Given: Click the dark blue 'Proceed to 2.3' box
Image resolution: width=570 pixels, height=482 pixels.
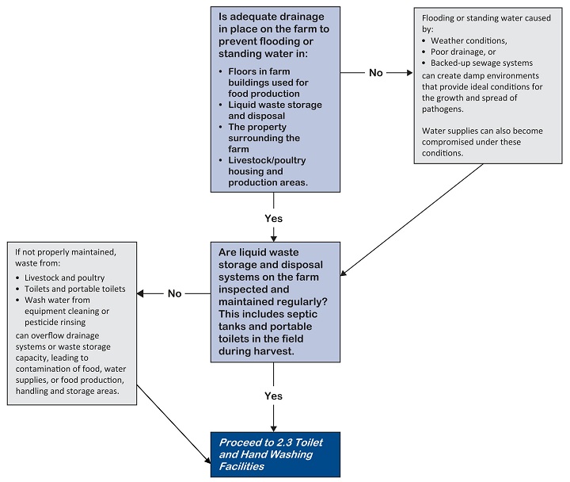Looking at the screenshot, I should (275, 453).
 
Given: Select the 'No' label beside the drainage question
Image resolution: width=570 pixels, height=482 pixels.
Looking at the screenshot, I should (375, 73).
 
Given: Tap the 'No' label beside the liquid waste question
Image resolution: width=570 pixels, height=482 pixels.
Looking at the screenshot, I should (174, 293).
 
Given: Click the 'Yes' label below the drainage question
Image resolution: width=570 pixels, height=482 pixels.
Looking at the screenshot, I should (274, 216).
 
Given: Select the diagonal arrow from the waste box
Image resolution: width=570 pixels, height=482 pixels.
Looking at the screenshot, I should (174, 423).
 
